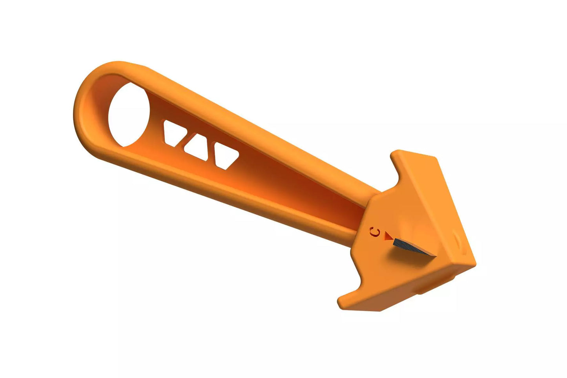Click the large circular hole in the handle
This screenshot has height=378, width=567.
(129, 115)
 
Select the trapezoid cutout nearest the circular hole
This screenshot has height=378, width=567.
(174, 132)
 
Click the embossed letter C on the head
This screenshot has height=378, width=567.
(375, 232)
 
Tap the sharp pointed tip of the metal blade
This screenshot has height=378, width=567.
(436, 256)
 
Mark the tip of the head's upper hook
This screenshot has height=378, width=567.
(395, 152)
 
